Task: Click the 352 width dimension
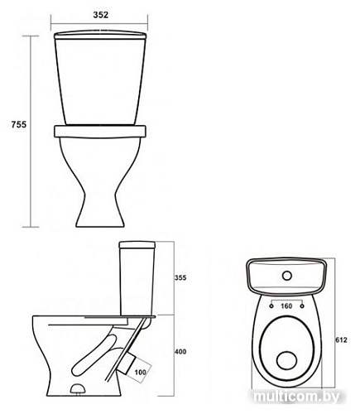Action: tap(101, 15)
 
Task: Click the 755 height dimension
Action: tap(19, 124)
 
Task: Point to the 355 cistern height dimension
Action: tap(180, 277)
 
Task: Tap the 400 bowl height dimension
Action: tap(180, 352)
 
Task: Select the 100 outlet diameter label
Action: tap(140, 372)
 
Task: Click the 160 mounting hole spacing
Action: tap(286, 306)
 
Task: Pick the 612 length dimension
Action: tap(341, 340)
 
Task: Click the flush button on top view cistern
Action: tap(287, 276)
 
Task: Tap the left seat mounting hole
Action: tap(271, 306)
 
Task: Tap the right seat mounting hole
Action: tap(302, 306)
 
